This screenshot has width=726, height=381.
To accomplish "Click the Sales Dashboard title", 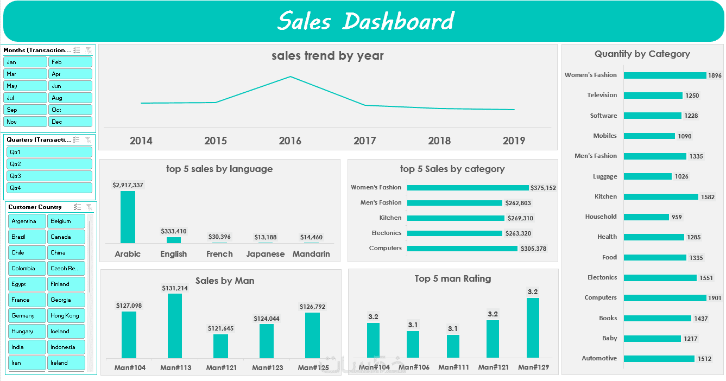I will click(365, 22).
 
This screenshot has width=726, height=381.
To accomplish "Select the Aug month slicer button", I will click(70, 98).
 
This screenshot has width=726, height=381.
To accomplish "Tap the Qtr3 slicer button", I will click(49, 176).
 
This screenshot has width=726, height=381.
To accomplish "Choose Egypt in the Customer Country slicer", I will click(27, 284).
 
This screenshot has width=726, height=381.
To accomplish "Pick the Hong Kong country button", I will click(66, 315).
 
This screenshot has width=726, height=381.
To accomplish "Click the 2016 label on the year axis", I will click(290, 141).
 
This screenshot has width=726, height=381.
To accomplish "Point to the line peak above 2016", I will click(291, 77).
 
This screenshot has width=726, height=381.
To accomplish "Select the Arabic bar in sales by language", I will click(128, 217).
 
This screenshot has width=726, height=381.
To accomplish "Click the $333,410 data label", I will click(174, 231).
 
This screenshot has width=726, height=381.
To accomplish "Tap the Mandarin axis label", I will click(311, 254).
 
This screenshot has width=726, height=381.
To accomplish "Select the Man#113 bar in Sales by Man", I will click(175, 326).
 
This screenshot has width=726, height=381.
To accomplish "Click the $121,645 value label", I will click(220, 328).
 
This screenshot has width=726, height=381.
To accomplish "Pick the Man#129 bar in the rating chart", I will click(533, 328).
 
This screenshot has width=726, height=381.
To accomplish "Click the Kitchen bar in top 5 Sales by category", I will click(456, 218).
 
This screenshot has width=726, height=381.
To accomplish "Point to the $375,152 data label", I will click(543, 188).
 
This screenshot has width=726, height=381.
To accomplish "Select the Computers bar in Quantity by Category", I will click(665, 298).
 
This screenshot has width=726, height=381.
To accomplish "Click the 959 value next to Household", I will click(677, 217).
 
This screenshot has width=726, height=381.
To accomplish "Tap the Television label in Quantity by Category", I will click(602, 95).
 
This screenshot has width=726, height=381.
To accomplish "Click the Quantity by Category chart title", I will click(642, 54).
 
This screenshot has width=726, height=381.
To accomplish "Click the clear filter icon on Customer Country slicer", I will click(89, 207).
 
